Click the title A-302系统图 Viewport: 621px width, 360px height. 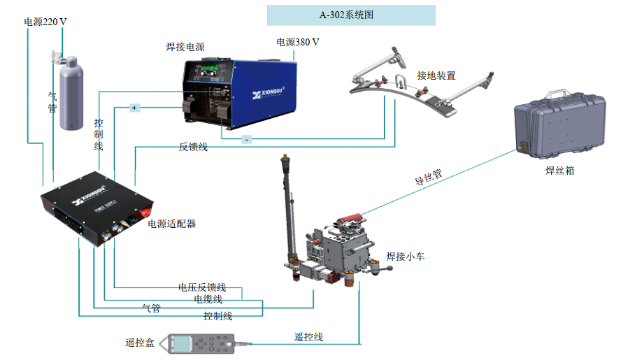tap(350, 15)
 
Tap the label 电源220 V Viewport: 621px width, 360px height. tap(45, 22)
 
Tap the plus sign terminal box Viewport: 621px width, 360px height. tap(135, 108)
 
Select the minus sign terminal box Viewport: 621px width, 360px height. tap(247, 139)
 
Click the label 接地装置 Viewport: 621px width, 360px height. tap(436, 75)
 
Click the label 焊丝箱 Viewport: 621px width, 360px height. tap(559, 170)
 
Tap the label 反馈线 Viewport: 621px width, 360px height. tap(193, 147)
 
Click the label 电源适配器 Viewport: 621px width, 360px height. tap(171, 224)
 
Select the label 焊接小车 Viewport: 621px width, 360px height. tap(406, 257)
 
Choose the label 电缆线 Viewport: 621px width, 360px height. tap(208, 298)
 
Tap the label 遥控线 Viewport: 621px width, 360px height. tap(308, 337)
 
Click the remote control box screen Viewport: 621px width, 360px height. tap(183, 344)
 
